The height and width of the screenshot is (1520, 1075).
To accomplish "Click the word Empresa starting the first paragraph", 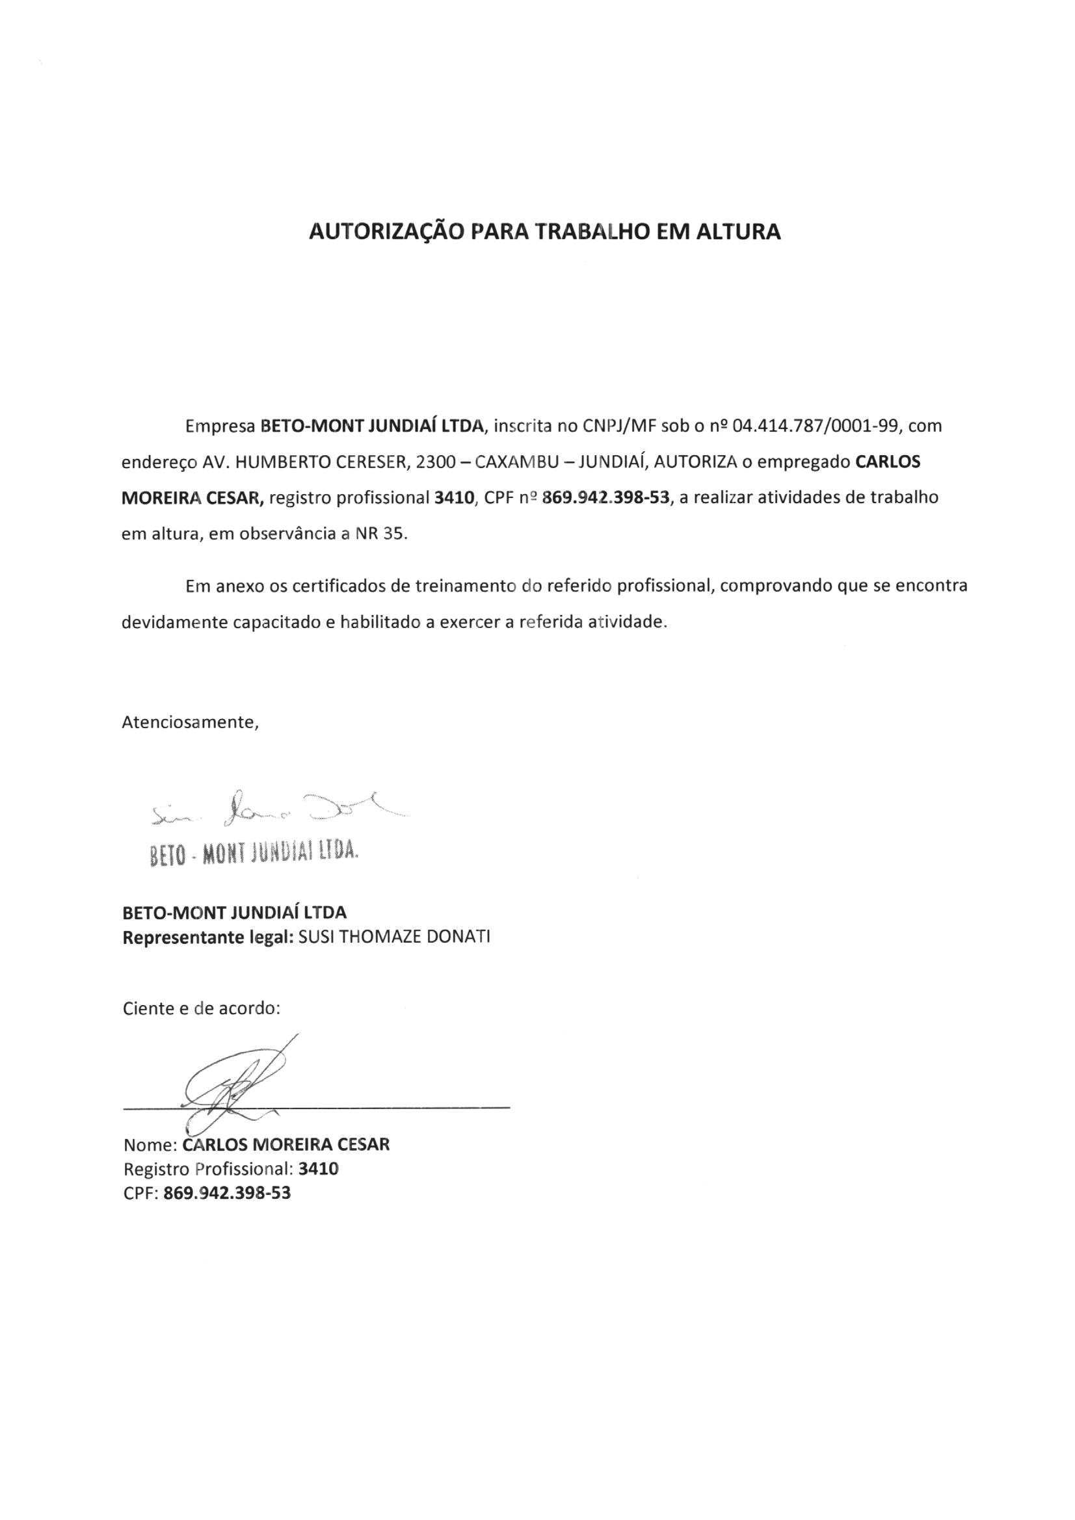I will (220, 426).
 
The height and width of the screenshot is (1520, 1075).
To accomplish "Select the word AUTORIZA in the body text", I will (695, 462).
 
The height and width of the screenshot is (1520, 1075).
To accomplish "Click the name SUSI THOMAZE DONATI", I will (395, 938).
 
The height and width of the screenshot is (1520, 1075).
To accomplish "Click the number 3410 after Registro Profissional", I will (318, 1169).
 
